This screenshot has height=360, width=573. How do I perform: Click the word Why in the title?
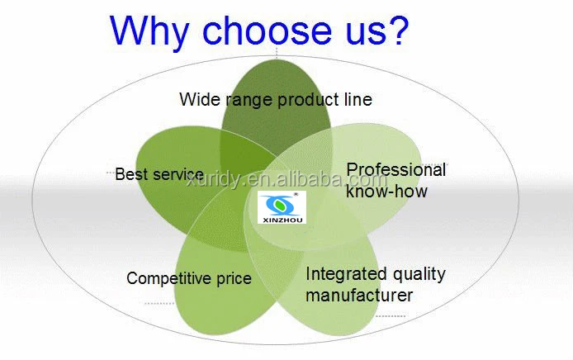149,32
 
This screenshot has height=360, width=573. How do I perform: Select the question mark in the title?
396,29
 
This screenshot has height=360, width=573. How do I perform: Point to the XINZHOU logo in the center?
282,207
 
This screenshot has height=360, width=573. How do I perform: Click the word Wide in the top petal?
200,99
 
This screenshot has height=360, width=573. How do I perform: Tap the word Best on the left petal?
131,174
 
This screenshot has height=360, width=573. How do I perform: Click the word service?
178,174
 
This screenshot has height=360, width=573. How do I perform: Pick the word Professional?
396,170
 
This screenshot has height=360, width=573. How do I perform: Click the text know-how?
386,191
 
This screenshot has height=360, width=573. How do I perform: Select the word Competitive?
168,279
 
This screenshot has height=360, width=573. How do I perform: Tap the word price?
234,280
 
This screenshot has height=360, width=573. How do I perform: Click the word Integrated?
346,274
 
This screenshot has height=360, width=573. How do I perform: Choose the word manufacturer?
359,295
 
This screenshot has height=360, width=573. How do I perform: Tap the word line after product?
358,99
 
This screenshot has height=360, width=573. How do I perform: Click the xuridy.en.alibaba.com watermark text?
286,179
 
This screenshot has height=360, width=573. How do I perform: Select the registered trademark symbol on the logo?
296,194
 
